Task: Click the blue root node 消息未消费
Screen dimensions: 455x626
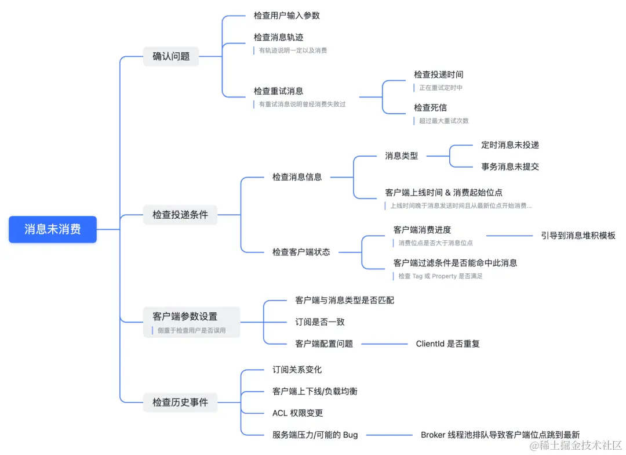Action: (x=53, y=229)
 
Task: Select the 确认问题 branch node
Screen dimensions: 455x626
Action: (x=171, y=56)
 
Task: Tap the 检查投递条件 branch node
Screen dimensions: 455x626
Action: (x=180, y=215)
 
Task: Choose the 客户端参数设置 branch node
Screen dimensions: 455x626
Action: (x=185, y=316)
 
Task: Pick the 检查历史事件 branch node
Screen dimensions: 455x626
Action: (x=180, y=402)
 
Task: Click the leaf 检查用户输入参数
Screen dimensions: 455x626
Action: (x=286, y=16)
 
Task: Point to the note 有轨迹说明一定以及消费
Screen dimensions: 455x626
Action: (x=293, y=50)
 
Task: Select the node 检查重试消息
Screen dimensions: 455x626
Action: (x=278, y=91)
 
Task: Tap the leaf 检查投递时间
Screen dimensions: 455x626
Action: (x=438, y=75)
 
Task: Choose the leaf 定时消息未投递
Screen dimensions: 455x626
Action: (x=510, y=145)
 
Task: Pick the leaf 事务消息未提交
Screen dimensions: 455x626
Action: (x=510, y=167)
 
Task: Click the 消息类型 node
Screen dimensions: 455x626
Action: (x=401, y=156)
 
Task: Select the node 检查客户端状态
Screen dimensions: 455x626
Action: (x=301, y=252)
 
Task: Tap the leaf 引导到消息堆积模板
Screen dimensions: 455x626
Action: (x=578, y=236)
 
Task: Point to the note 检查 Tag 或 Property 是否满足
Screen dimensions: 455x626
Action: (x=441, y=276)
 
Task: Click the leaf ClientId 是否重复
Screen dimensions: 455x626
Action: (x=447, y=344)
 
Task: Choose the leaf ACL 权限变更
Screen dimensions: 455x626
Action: (x=297, y=413)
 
